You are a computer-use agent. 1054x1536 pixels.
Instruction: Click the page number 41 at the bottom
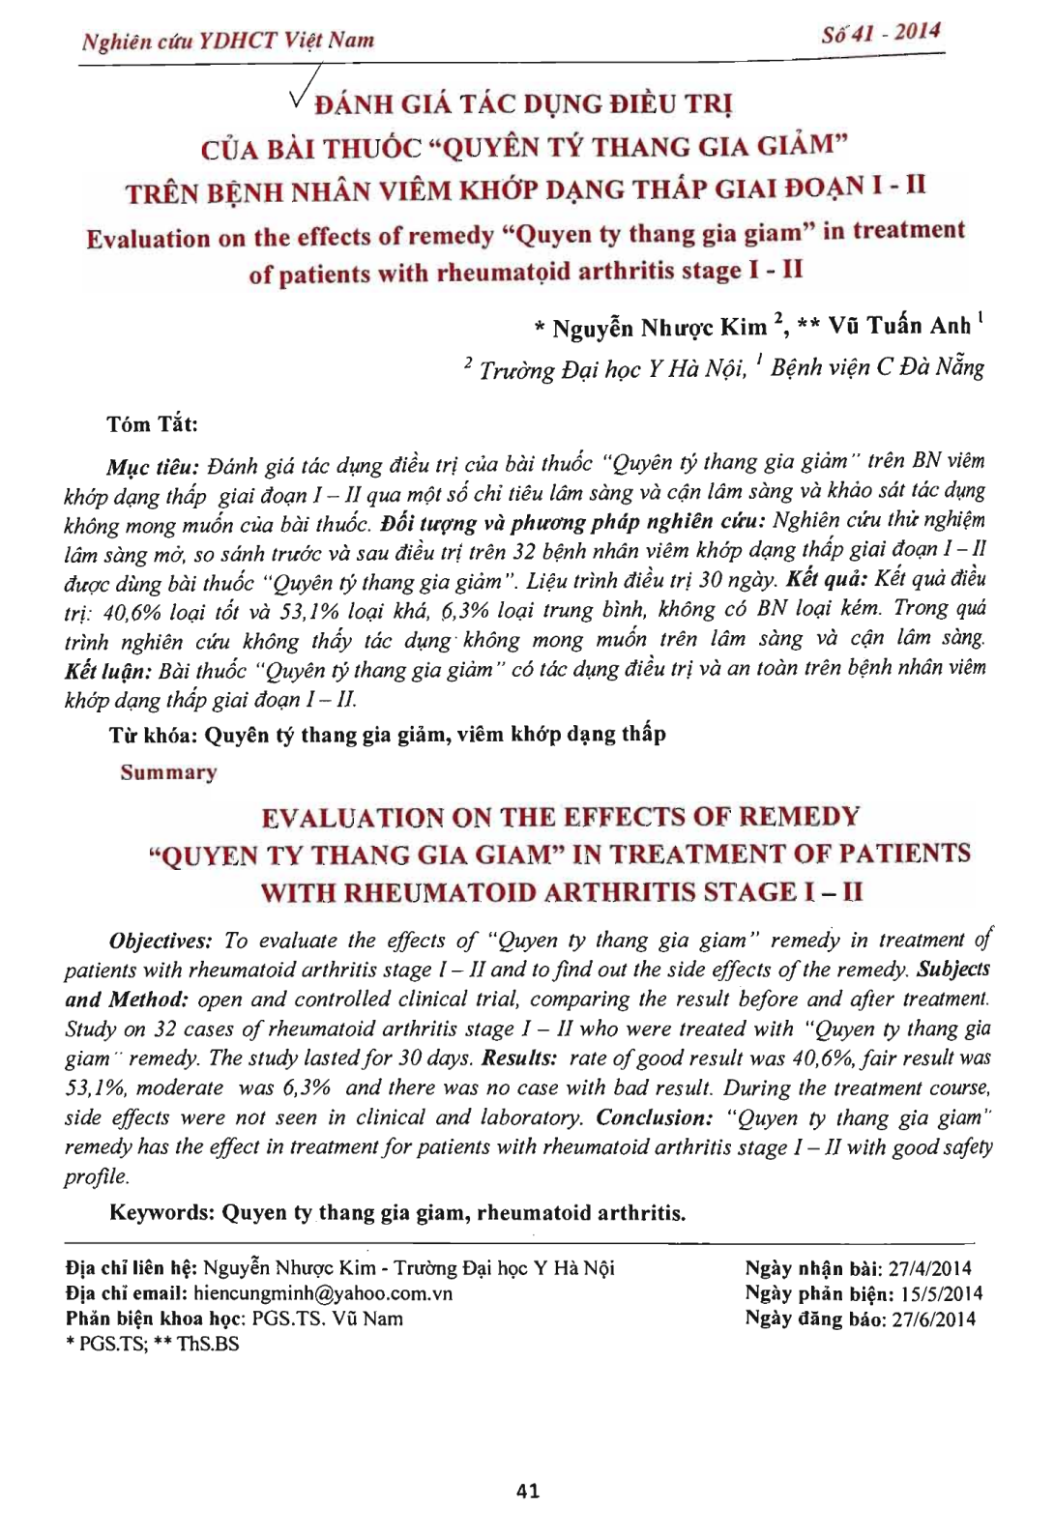[528, 1491]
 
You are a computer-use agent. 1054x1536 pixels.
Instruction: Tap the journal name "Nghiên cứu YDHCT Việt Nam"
[228, 41]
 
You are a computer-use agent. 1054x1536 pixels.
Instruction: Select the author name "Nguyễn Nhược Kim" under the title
[659, 328]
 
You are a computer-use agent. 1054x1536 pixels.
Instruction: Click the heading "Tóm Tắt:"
[153, 423]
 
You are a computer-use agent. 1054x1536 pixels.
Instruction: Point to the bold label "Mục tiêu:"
[153, 467]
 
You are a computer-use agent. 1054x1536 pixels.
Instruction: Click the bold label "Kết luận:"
[107, 670]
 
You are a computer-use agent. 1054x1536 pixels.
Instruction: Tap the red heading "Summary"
[169, 772]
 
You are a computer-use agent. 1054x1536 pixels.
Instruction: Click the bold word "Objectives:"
[161, 941]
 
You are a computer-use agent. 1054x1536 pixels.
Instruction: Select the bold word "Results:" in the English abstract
[519, 1058]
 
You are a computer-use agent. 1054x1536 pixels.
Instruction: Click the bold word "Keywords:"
[161, 1212]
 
